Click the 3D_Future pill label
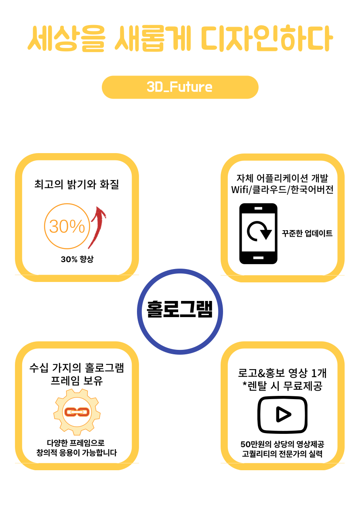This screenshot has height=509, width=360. tap(180, 87)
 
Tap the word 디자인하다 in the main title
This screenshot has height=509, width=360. tap(267, 39)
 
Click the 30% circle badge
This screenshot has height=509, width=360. tap(67, 226)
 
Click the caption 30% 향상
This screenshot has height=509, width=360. tap(77, 259)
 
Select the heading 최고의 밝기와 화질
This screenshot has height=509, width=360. tap(77, 185)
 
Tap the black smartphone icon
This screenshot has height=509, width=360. tap(258, 233)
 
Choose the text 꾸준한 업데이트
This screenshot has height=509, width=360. tap(307, 233)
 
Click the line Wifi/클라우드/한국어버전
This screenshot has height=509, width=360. tap(282, 189)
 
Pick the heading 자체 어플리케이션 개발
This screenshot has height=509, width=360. tap(282, 178)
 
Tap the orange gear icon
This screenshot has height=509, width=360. tap(77, 412)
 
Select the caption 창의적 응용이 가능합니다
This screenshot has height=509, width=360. tap(77, 452)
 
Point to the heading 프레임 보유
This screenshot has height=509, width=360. tap(77, 381)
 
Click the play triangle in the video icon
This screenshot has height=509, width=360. tap(283, 414)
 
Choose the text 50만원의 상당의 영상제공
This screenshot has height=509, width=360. tap(282, 444)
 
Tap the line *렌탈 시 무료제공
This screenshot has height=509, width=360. tap(282, 386)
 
